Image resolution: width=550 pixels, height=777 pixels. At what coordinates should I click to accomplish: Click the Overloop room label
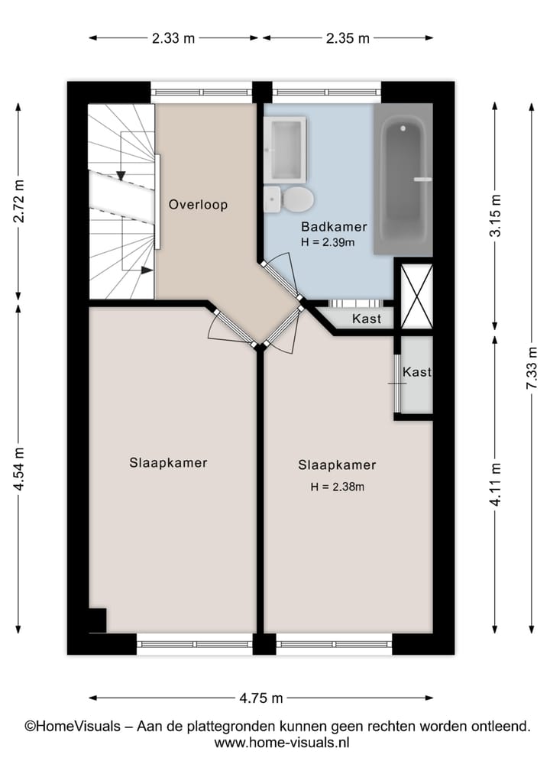pyautogui.click(x=198, y=205)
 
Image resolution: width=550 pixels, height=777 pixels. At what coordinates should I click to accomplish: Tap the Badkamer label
pyautogui.click(x=334, y=227)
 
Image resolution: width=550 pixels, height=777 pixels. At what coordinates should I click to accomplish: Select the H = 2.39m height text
pyautogui.click(x=327, y=242)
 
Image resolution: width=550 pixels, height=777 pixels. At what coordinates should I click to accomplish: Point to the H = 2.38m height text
pyautogui.click(x=337, y=487)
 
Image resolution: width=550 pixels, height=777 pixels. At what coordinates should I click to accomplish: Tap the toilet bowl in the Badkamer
pyautogui.click(x=296, y=200)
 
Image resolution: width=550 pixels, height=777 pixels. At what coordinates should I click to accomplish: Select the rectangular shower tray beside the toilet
pyautogui.click(x=285, y=150)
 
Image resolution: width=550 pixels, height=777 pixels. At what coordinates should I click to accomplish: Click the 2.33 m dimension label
pyautogui.click(x=173, y=38)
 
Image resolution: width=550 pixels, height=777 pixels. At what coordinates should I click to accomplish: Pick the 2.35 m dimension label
pyautogui.click(x=348, y=38)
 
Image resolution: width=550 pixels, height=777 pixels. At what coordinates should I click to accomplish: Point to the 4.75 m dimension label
pyautogui.click(x=261, y=698)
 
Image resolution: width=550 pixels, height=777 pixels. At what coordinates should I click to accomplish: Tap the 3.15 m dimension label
pyautogui.click(x=495, y=216)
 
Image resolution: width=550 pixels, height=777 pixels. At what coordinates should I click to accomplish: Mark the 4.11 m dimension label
pyautogui.click(x=495, y=485)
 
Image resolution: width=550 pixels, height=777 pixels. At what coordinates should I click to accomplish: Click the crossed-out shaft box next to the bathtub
pyautogui.click(x=417, y=296)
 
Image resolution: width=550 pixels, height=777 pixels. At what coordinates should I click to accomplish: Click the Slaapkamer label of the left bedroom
pyautogui.click(x=168, y=463)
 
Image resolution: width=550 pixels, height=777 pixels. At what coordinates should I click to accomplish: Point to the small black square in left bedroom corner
pyautogui.click(x=97, y=620)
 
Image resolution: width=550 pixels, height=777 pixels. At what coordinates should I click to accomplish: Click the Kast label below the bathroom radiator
pyautogui.click(x=366, y=319)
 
